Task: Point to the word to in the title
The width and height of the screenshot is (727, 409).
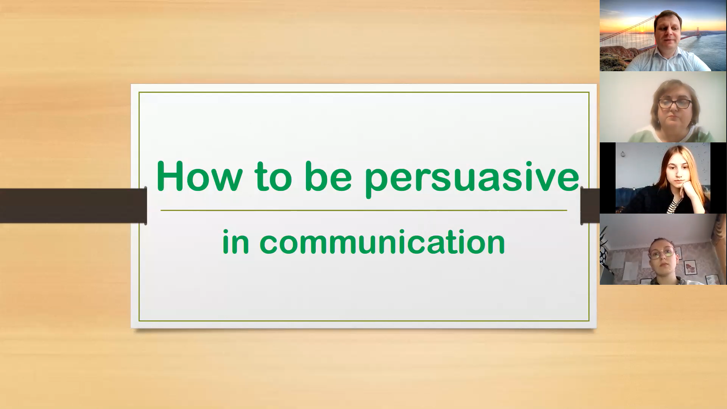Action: pyautogui.click(x=273, y=176)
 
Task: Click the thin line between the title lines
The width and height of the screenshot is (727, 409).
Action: pyautogui.click(x=364, y=210)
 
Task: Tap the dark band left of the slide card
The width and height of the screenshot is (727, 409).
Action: pyautogui.click(x=73, y=206)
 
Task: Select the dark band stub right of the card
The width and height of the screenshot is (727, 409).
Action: pyautogui.click(x=590, y=206)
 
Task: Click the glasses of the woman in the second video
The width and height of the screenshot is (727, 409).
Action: pyautogui.click(x=675, y=103)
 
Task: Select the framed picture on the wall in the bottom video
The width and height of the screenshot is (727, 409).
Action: pyautogui.click(x=691, y=267)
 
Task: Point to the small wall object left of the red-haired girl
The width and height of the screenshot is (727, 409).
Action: pyautogui.click(x=623, y=154)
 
